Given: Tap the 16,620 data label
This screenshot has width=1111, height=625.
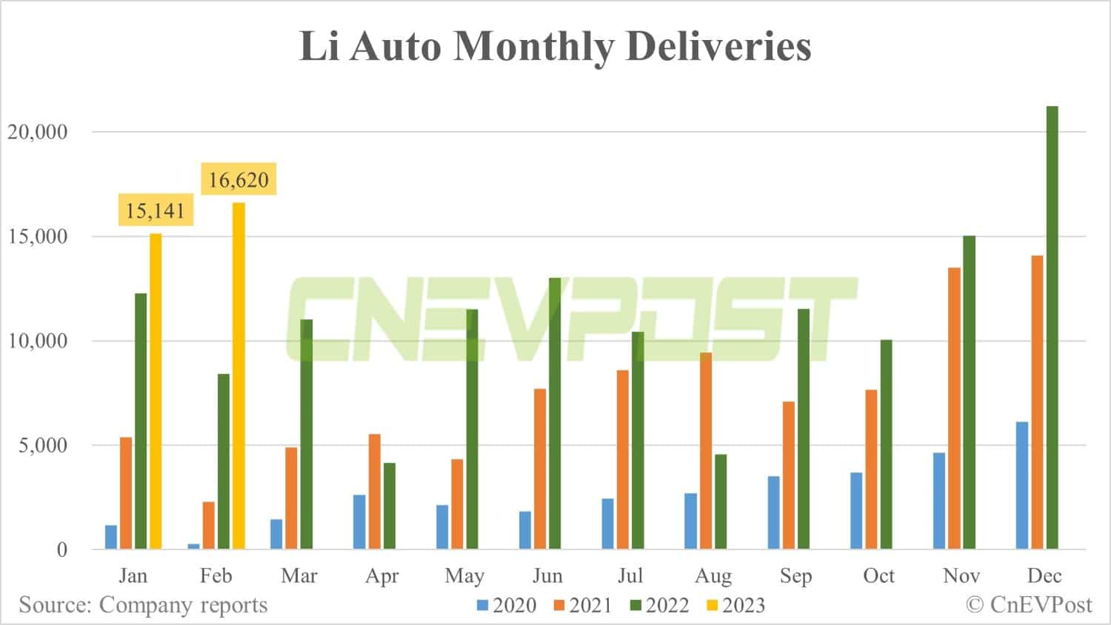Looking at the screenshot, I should click(238, 179).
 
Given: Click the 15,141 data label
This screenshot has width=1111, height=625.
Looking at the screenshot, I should click(155, 210).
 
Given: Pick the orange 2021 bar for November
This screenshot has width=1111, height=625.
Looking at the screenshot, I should click(954, 408).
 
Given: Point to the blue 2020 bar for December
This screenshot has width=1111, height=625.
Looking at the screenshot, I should click(1022, 485).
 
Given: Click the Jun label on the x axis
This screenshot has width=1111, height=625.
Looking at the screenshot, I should click(547, 575).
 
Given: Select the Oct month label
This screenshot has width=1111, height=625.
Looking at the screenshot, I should click(878, 575).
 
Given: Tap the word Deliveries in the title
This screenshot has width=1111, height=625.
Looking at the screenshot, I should click(718, 46).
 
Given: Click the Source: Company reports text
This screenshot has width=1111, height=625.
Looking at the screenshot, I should click(143, 604).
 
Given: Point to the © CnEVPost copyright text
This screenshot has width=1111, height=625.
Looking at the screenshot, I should click(1029, 604).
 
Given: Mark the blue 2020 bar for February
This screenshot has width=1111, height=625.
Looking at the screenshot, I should click(194, 546).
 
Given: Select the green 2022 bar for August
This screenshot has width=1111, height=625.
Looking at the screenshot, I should click(721, 501).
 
